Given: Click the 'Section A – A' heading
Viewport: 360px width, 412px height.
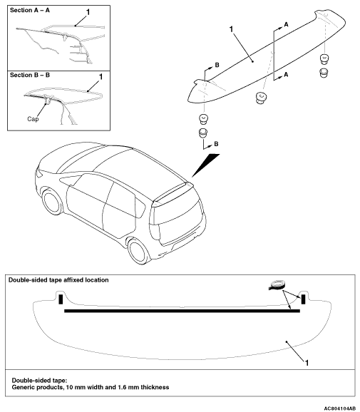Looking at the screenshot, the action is pos(30,10).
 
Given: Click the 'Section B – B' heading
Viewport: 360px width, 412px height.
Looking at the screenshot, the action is pos(30,75).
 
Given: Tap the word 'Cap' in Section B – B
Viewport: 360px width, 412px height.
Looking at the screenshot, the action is pos(33,119).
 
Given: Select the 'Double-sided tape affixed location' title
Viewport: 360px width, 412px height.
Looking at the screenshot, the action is pos(58,280).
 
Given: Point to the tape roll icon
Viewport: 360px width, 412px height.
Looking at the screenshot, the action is pos(276,285).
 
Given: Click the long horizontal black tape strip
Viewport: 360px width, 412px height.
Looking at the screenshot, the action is pos(182,311).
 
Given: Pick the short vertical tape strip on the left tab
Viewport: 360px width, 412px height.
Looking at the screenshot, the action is pos(61,299).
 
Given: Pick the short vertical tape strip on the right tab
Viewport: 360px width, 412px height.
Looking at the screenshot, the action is pos(303,299).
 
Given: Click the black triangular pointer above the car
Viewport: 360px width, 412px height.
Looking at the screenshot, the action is pos(205,165).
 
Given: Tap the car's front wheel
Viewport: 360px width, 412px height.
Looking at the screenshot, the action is pos(52,203).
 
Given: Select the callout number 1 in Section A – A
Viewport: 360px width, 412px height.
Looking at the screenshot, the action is pos(88,12).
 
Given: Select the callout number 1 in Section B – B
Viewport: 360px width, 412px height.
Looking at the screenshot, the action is pos(101,77).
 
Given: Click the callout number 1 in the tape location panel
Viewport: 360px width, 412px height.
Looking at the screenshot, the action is pos(307,363).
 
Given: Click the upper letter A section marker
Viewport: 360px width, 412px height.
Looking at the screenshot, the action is pos(286,24).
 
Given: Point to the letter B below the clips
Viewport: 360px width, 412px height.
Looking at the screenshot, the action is pos(216,144).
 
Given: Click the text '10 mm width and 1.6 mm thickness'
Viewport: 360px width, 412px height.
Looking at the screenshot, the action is pos(118,387).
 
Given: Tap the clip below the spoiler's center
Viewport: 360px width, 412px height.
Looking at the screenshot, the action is pos(260,98).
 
